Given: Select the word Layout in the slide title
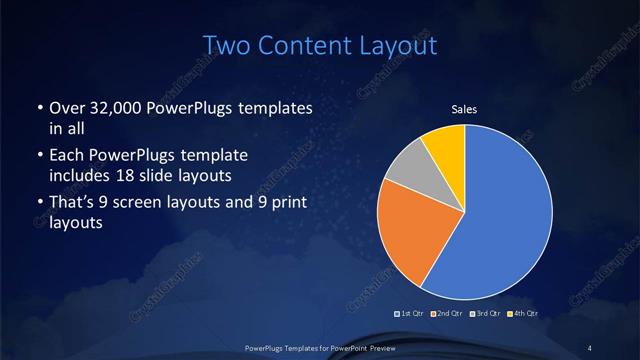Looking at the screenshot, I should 400,46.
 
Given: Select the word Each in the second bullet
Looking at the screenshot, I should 66,156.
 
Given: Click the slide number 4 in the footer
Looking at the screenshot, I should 591,346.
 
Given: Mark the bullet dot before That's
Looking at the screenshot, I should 38,205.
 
